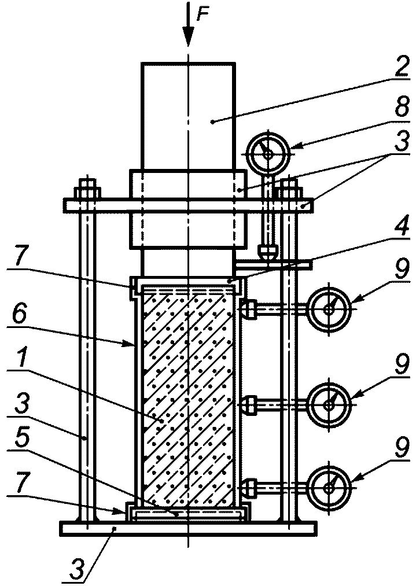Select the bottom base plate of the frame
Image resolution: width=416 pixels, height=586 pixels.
tap(189, 529)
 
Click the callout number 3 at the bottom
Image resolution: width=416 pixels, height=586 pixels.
tap(76, 565)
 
